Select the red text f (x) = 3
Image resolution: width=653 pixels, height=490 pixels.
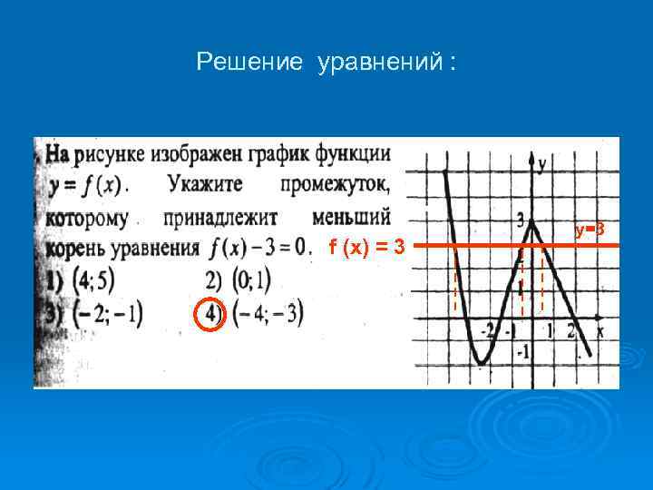tap(366, 245)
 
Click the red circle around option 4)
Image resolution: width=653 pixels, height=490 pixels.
tap(210, 313)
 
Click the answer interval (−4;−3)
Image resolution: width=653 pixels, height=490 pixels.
tap(267, 314)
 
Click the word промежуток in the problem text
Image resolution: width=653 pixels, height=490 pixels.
tap(335, 185)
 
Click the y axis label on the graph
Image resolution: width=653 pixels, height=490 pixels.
tap(541, 164)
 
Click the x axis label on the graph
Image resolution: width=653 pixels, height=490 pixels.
tap(600, 332)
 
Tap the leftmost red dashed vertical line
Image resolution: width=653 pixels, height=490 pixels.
tap(455, 281)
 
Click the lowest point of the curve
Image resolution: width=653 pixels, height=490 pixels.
tap(482, 363)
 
